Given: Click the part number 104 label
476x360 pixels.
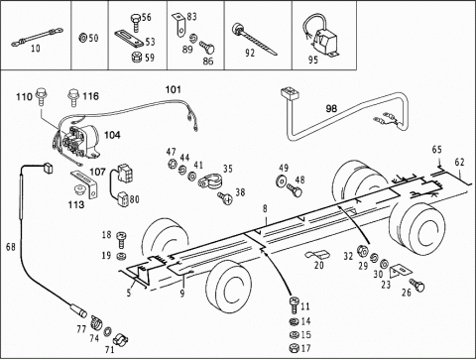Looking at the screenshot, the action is click(112, 135).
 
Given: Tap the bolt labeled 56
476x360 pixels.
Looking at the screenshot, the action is click(136, 22).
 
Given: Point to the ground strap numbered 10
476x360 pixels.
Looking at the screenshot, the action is click(37, 37).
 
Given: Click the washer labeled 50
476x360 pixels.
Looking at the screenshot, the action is click(82, 38).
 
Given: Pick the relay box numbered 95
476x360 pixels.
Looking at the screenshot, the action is click(319, 36).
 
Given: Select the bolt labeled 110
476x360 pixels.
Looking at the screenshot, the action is click(41, 95).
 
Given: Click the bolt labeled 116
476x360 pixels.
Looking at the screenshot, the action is click(73, 97).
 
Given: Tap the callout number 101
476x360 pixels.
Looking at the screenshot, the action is click(174, 89).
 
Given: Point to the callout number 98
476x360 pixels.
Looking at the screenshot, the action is click(331, 108).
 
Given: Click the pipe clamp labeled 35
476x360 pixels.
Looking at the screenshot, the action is click(210, 181).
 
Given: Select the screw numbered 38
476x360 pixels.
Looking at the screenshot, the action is click(225, 198).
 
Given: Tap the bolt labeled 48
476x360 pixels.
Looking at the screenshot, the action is click(295, 189).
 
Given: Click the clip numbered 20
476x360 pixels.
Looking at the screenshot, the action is click(316, 255).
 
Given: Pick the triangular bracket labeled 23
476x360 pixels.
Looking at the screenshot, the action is click(401, 271).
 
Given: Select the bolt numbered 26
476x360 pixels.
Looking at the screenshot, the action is click(417, 285).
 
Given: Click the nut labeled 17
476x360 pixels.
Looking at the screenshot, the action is click(294, 348).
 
